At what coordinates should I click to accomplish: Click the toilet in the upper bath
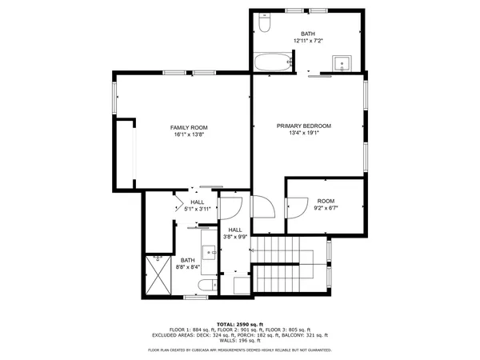267,22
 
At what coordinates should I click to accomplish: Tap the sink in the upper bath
346,64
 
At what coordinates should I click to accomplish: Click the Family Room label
189,128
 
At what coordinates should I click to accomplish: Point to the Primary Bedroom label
304,126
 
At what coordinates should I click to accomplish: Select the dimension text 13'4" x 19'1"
304,134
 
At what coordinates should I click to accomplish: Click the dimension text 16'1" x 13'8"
189,135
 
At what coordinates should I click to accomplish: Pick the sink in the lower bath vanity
212,253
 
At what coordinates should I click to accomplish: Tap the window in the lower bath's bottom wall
194,298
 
